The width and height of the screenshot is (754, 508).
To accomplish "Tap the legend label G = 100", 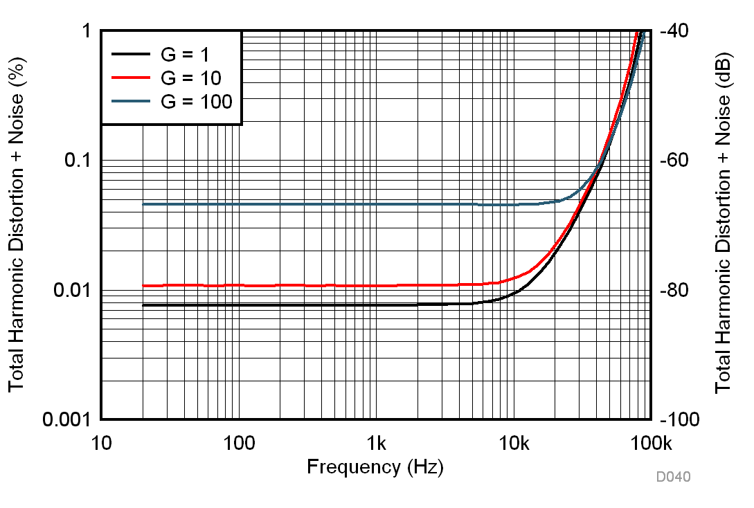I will (x=197, y=101).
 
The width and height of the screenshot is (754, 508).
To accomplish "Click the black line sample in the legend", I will (x=131, y=54).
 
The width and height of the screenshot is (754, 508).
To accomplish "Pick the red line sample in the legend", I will (x=131, y=78).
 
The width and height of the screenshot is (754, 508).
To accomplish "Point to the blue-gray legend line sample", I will (x=131, y=101).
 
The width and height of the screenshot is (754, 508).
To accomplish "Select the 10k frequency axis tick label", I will (x=513, y=441).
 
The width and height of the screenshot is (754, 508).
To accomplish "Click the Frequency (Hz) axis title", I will (x=375, y=466).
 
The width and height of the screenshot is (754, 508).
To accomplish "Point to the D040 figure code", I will (x=674, y=477).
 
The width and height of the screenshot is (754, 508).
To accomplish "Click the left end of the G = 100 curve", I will (x=143, y=204).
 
